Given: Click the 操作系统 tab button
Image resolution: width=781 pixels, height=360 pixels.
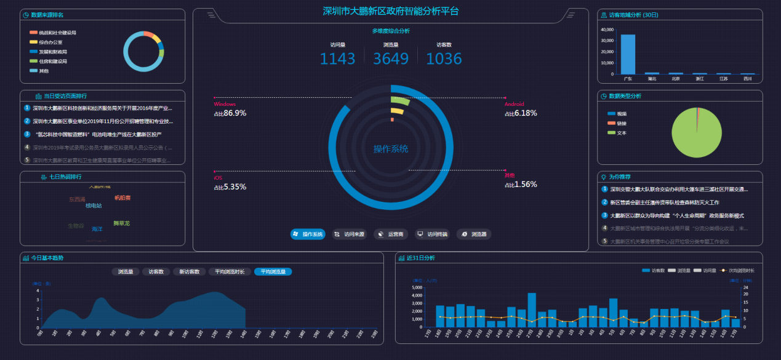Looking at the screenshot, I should pyautogui.click(x=308, y=234).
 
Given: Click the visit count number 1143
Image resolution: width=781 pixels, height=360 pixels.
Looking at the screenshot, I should pyautogui.click(x=337, y=58).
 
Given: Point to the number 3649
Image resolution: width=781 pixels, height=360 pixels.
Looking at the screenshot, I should pyautogui.click(x=391, y=58).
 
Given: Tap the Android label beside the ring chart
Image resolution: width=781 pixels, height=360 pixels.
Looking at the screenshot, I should pyautogui.click(x=514, y=104).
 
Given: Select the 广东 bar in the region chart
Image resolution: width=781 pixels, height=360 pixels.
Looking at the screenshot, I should pyautogui.click(x=628, y=54).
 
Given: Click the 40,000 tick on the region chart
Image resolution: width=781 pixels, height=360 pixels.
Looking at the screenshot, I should pyautogui.click(x=606, y=29).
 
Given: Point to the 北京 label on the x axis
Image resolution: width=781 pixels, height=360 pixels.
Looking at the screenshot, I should pyautogui.click(x=676, y=79).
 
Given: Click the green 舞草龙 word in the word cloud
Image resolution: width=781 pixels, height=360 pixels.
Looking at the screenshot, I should pyautogui.click(x=121, y=223).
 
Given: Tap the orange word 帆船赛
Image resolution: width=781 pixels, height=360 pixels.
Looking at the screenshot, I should pyautogui.click(x=122, y=198).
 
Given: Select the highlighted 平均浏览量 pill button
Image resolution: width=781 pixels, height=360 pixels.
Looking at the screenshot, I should pyautogui.click(x=273, y=271).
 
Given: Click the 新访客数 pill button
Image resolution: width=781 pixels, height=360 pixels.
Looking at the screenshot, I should pyautogui.click(x=189, y=271).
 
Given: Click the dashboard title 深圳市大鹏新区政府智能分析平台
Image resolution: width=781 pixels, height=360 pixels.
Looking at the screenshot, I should pyautogui.click(x=391, y=11).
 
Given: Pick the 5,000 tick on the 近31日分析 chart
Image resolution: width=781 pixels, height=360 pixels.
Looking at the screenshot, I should pyautogui.click(x=415, y=287).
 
